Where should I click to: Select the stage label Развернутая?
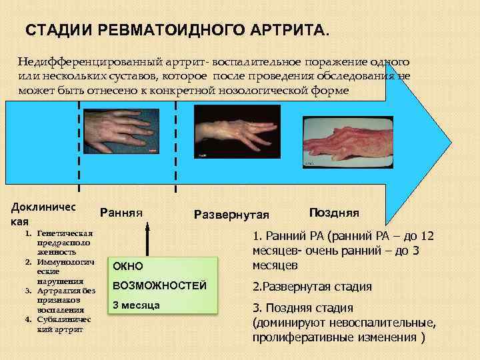(231, 214)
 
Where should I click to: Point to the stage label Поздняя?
(334, 213)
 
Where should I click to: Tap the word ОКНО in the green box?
(129, 266)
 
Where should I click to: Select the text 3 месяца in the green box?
(136, 305)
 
